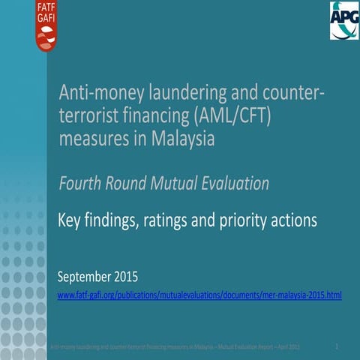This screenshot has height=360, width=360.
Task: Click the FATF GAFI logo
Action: tap(47, 25)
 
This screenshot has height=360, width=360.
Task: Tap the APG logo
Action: tap(344, 20)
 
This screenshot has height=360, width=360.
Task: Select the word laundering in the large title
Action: tap(179, 94)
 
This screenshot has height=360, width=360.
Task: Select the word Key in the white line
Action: tap(71, 220)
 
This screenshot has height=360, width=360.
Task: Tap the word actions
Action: tap(295, 220)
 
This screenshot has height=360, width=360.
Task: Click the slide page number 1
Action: tap(338, 346)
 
